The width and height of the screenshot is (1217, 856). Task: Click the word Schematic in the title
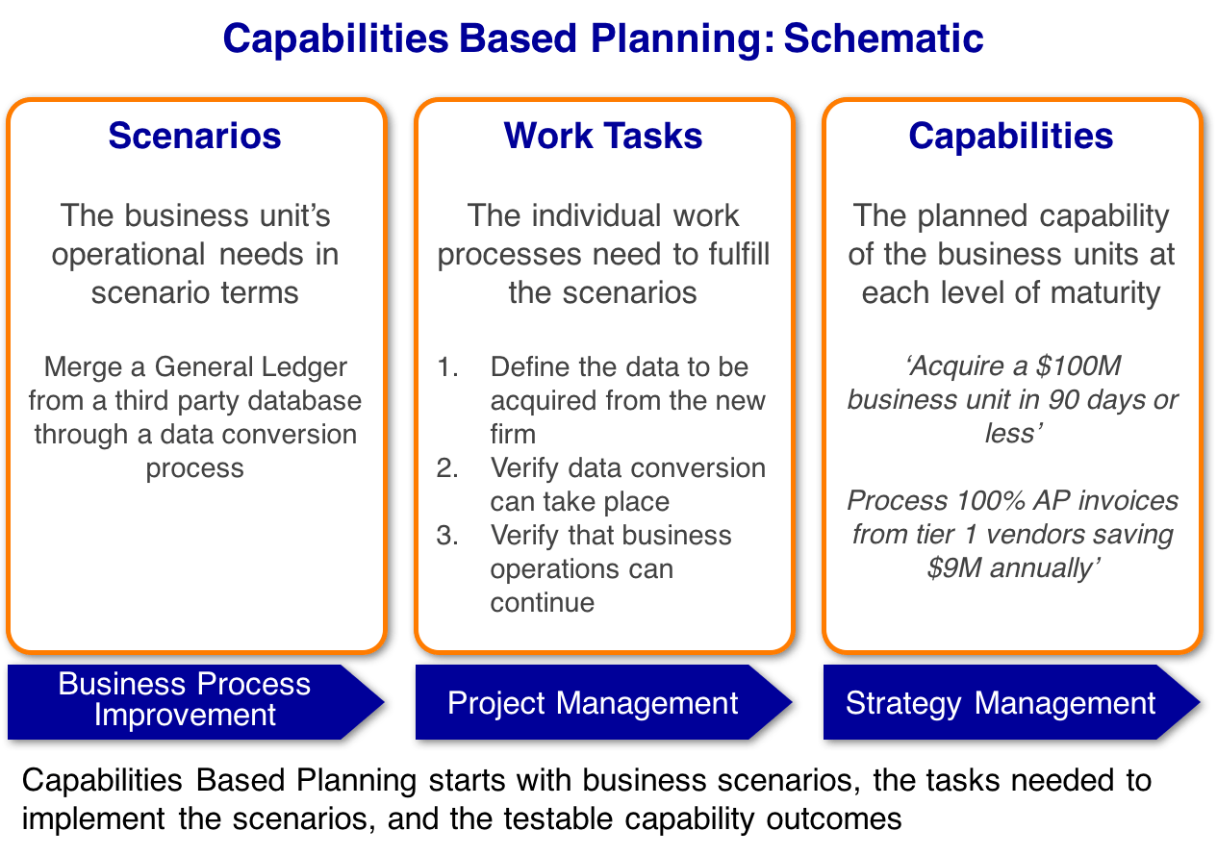click(x=882, y=38)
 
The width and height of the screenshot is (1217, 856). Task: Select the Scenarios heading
click(x=195, y=136)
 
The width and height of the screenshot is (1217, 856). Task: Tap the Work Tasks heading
click(x=603, y=136)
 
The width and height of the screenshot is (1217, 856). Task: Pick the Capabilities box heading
click(x=1010, y=136)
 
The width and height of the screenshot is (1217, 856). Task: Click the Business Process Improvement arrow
click(x=186, y=699)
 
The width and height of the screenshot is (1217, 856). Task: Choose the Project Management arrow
click(x=593, y=703)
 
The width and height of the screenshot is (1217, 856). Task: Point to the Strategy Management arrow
click(x=1001, y=703)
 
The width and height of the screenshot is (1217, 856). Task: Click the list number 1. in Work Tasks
click(x=447, y=367)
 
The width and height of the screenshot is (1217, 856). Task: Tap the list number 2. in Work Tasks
click(x=447, y=468)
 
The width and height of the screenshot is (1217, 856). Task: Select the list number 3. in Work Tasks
click(x=447, y=536)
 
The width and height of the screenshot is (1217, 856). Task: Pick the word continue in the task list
click(x=542, y=603)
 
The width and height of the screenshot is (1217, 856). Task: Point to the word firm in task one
click(x=513, y=435)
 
